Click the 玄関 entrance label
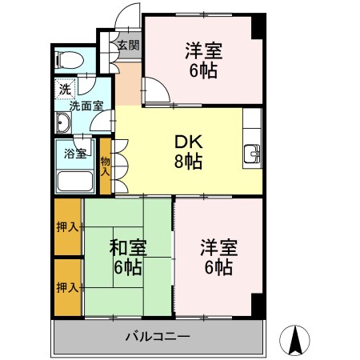[128, 45]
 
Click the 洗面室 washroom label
[85, 105]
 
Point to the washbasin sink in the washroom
[63, 122]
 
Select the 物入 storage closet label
[105, 166]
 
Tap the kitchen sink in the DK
[252, 154]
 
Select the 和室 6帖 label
[126, 257]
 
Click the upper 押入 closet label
[67, 227]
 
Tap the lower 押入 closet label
[67, 286]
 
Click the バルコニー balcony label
[157, 336]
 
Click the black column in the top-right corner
[256, 26]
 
